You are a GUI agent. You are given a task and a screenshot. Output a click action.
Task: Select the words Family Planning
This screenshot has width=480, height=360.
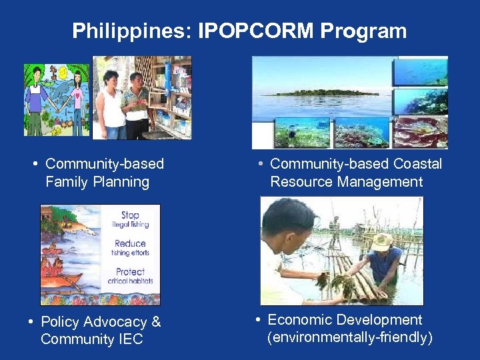[x=97, y=181]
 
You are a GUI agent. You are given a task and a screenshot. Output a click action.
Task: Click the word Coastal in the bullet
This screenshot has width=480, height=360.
[x=417, y=164]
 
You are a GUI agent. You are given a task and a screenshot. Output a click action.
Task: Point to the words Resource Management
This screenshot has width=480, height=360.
[x=347, y=181]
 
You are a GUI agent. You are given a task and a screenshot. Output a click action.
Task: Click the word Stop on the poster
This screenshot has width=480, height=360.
[x=130, y=215]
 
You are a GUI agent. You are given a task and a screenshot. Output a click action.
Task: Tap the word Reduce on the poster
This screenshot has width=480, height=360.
[x=130, y=243]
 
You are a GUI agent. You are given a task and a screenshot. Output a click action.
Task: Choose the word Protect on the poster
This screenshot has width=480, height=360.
[x=130, y=271]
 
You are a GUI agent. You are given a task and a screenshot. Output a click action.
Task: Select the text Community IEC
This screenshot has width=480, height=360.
[x=92, y=339]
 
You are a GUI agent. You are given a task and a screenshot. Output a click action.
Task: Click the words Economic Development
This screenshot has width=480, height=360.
[x=345, y=320]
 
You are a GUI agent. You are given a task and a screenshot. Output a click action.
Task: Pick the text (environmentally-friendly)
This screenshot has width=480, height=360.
[x=350, y=337]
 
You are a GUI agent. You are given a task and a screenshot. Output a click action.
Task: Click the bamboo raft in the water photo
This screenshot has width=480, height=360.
[x=353, y=280]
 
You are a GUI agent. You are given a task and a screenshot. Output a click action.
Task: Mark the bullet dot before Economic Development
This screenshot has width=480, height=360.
[x=258, y=321]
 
